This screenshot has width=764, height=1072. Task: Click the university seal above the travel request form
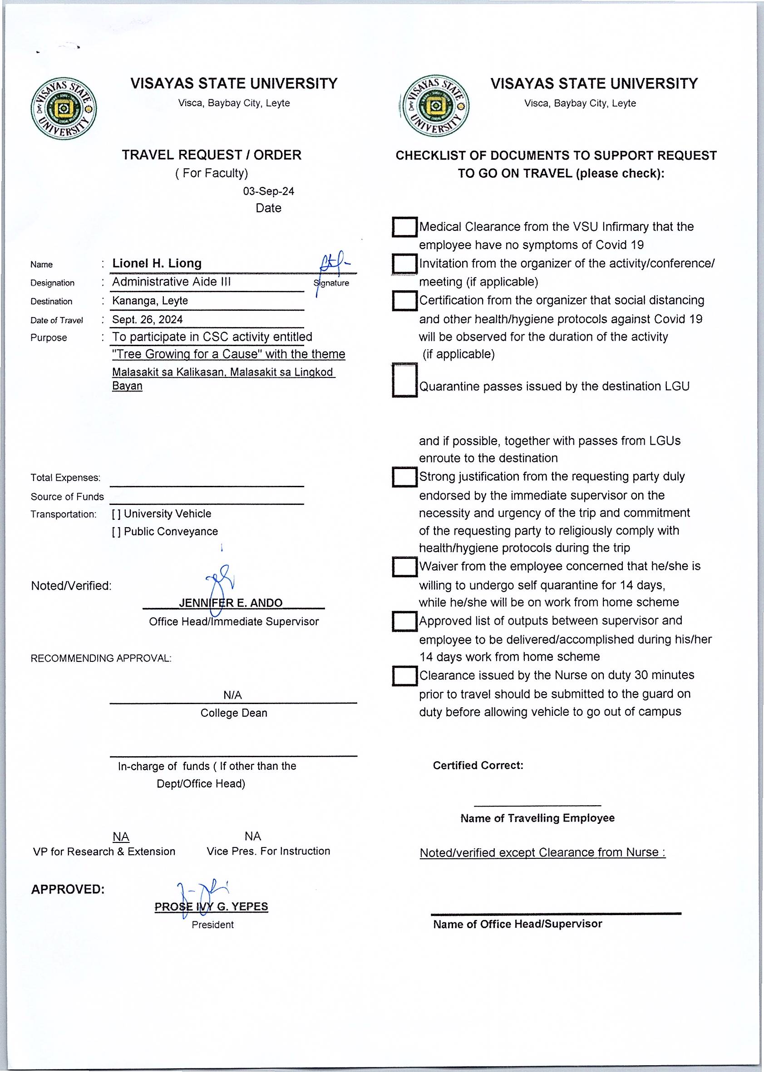[64, 108]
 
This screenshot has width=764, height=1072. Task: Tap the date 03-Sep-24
[269, 191]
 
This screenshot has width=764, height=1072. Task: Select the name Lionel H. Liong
[157, 263]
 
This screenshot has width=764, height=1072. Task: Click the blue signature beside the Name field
[333, 268]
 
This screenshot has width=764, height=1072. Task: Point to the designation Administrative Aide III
[171, 282]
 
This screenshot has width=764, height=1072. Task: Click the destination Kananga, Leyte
[150, 300]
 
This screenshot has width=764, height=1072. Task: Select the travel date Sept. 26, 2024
[147, 320]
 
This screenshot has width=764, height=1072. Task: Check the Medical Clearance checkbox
[404, 227]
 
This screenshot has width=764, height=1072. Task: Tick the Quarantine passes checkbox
[404, 380]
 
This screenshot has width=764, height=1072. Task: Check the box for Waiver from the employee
[404, 567]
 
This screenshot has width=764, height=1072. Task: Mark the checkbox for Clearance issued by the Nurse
[404, 676]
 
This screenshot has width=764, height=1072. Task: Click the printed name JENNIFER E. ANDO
[231, 603]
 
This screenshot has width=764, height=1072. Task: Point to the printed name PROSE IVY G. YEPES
[211, 906]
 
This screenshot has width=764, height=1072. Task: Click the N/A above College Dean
[232, 695]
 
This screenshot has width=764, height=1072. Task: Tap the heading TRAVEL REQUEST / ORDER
[212, 155]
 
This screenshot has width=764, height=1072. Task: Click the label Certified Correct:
[478, 765]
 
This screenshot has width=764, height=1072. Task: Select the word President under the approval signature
[212, 925]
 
